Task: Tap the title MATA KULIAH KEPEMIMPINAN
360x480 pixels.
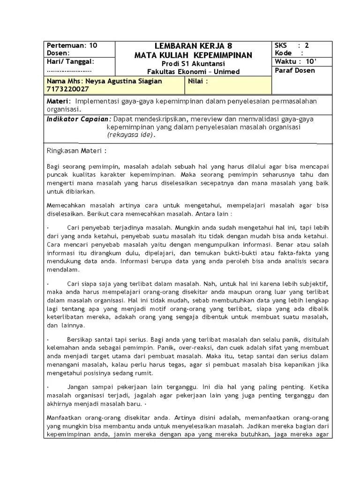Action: tap(193, 55)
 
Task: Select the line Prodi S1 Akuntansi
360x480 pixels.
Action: tap(193, 64)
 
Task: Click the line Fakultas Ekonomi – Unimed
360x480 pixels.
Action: tap(193, 72)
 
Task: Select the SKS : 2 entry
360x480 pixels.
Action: tap(292, 45)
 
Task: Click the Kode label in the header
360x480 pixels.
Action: tap(284, 53)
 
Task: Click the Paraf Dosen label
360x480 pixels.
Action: tap(295, 71)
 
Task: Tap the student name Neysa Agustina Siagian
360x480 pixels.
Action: tap(105, 81)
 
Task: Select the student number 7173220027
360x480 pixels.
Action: tap(67, 89)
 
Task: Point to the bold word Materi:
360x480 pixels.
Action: tap(59, 101)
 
